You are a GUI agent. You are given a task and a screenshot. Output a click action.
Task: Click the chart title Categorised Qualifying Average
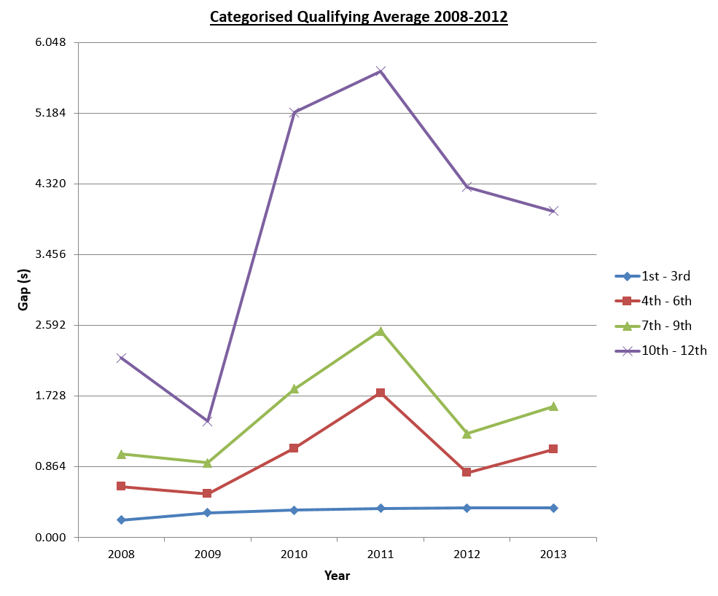click(359, 17)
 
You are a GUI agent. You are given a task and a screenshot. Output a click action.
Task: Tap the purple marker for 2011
click(381, 71)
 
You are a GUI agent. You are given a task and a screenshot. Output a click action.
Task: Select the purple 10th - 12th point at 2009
click(207, 421)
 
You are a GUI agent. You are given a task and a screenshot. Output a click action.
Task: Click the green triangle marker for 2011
click(381, 331)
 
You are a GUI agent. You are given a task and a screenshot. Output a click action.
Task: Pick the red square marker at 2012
click(467, 472)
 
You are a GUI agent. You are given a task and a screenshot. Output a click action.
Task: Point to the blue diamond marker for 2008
click(121, 519)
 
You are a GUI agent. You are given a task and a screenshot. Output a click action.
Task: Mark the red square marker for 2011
click(381, 393)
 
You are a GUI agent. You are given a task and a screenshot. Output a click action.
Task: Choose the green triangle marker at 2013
click(553, 406)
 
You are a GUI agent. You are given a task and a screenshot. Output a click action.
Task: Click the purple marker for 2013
click(553, 211)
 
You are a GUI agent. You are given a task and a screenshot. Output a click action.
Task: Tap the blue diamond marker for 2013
click(553, 508)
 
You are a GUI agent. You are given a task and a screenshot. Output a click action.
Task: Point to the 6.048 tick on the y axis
click(52, 42)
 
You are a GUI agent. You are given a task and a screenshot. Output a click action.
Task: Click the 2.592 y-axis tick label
click(52, 325)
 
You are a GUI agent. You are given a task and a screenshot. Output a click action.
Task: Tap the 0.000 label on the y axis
click(52, 538)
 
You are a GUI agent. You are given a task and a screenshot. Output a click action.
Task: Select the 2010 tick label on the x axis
click(294, 554)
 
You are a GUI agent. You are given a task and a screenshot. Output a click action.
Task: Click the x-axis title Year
click(337, 576)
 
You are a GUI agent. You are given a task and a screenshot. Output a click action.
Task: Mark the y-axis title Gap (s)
click(23, 289)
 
